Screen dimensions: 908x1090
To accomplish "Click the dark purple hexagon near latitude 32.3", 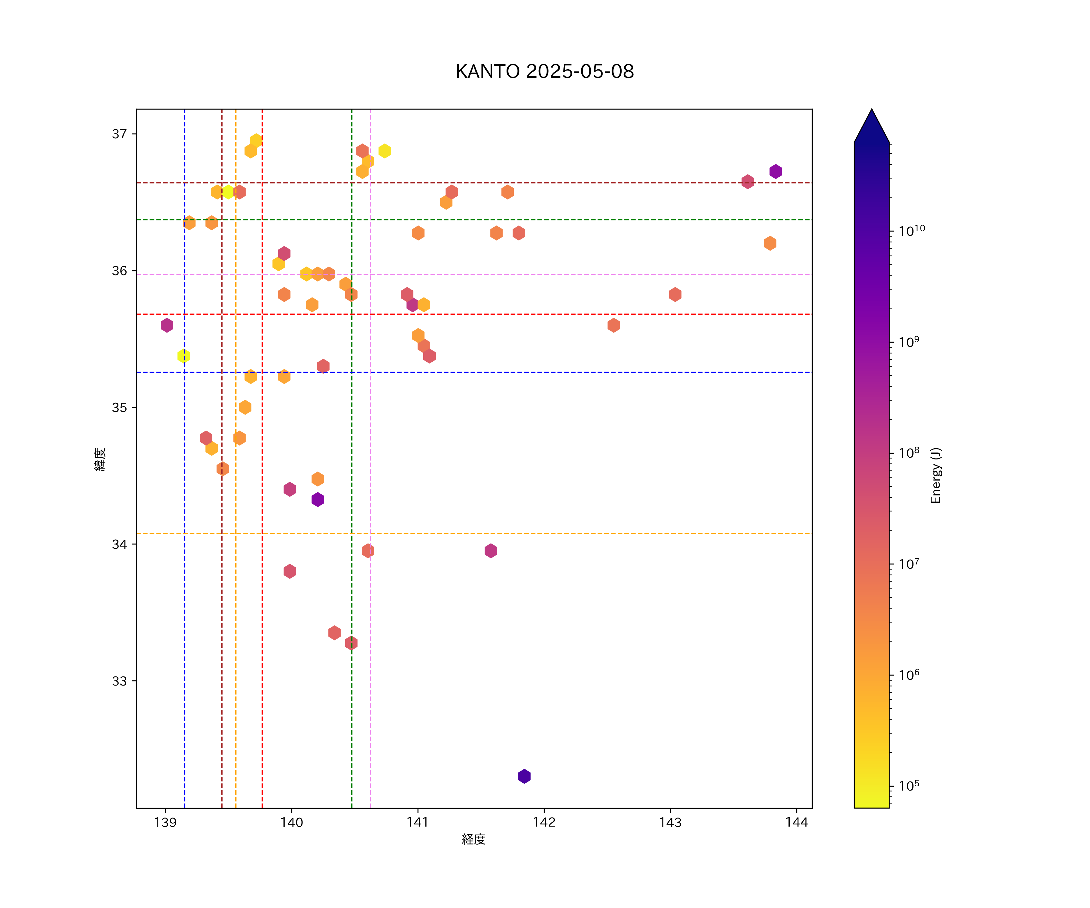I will point(524,776).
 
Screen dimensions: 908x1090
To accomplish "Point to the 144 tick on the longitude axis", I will point(797,822).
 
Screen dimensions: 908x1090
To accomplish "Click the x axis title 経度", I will point(473,840).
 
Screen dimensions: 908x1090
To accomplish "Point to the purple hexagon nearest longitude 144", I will point(775,171).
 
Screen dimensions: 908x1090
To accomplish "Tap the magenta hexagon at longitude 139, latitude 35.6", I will point(167,325).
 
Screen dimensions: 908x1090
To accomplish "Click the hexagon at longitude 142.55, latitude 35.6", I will point(613,325).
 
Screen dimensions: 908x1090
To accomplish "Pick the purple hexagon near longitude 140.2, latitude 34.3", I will point(318,500).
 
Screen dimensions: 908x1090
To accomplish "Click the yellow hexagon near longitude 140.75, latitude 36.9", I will point(385,151).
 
